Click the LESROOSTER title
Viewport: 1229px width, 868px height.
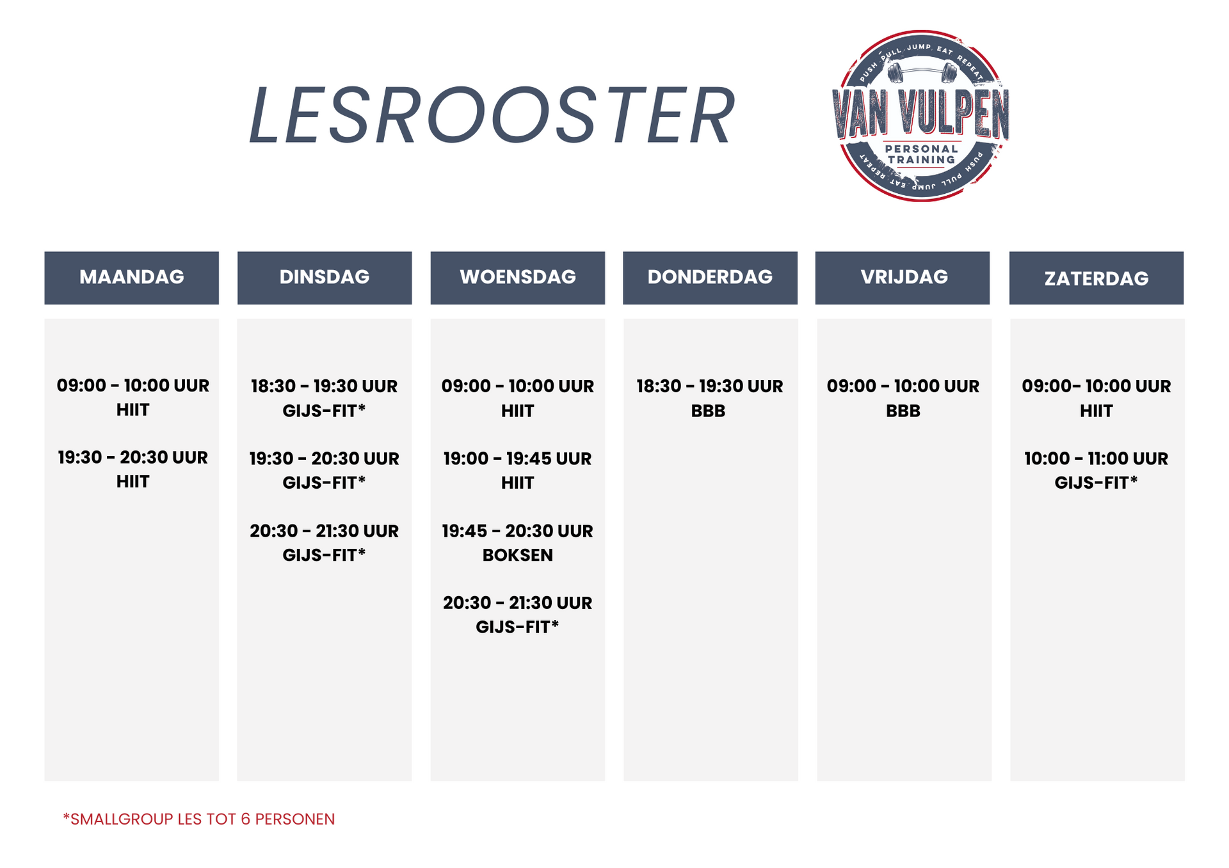[492, 115]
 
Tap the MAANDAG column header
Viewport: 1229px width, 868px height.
[131, 278]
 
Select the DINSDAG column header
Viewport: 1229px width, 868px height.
[325, 278]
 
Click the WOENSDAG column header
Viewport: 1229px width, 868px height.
[517, 278]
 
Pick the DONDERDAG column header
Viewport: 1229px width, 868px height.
[710, 278]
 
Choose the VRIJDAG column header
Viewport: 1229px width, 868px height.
[903, 278]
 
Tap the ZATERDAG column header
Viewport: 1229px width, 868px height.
[1096, 278]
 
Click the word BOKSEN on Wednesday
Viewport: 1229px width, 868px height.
[517, 555]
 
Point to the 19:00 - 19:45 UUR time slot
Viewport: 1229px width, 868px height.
[517, 459]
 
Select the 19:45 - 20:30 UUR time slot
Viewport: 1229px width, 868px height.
[517, 531]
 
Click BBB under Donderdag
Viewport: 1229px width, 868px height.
[708, 411]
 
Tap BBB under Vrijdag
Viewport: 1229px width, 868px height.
[903, 411]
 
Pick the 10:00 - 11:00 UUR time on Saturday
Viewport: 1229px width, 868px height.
[1096, 459]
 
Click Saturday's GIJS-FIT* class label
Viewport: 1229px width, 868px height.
[1096, 482]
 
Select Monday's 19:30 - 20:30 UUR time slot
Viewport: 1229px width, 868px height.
[133, 457]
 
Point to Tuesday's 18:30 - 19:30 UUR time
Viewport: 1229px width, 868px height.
[325, 386]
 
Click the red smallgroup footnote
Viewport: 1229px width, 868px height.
[199, 819]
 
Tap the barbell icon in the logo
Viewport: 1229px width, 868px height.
[922, 72]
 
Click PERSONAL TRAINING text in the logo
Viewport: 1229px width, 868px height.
[922, 154]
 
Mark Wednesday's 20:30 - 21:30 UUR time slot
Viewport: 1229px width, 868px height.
[517, 603]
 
